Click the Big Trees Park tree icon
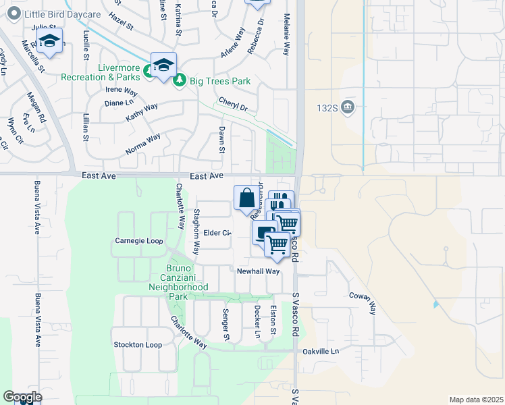tap(180, 82)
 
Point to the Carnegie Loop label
tap(139, 240)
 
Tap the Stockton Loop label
tap(138, 345)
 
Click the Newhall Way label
tap(258, 271)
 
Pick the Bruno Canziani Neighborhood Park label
tap(178, 282)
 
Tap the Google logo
tap(22, 397)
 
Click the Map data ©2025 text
tap(475, 400)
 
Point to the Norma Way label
tap(143, 144)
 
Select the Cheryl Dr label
tap(233, 105)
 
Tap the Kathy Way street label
tap(142, 112)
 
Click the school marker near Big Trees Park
tap(163, 65)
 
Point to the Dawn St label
tap(221, 140)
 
